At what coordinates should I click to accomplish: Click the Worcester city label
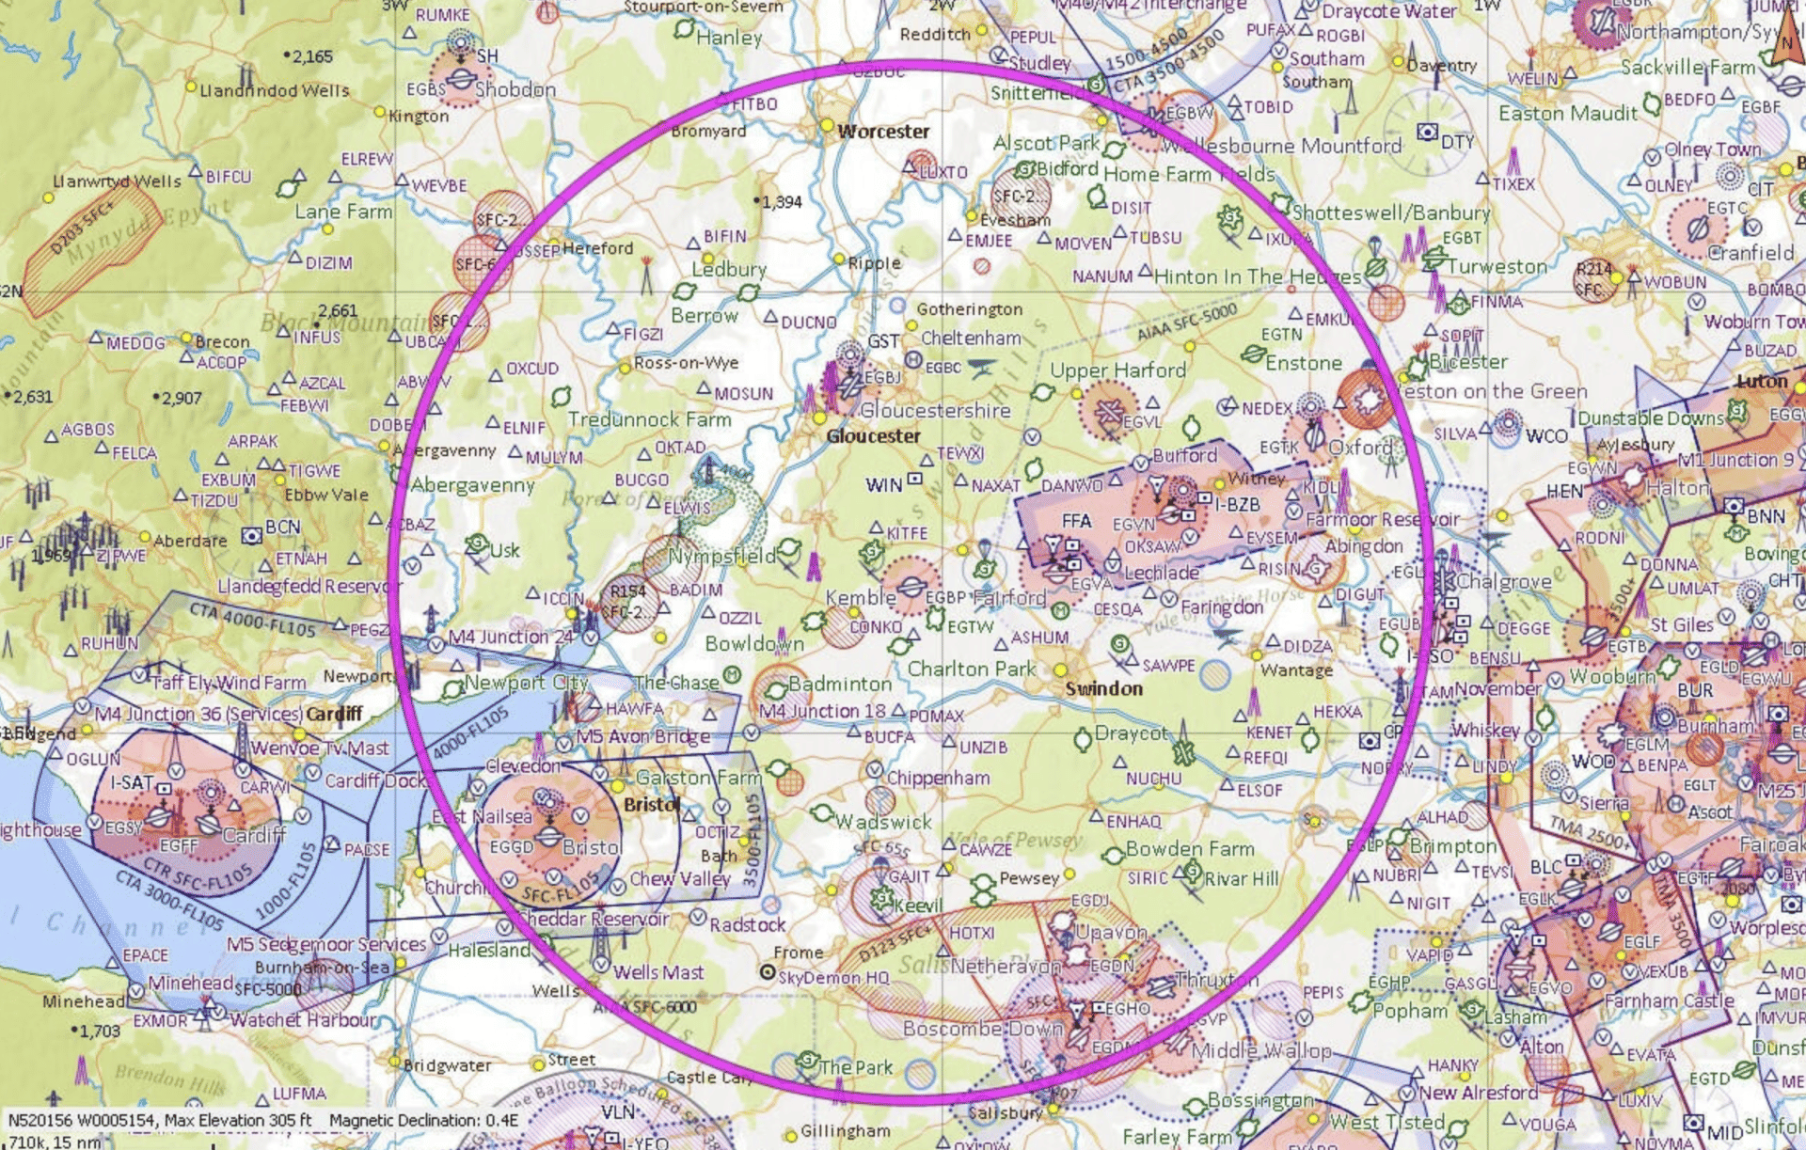coord(883,132)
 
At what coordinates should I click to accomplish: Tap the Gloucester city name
coord(874,436)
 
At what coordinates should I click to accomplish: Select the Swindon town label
coord(1103,688)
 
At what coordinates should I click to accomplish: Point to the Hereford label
coord(597,248)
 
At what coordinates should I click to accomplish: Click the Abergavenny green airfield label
coord(473,485)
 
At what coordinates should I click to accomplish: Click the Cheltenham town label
coord(971,338)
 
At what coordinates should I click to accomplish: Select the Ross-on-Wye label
coord(686,363)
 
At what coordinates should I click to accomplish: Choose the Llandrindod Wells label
coord(274,90)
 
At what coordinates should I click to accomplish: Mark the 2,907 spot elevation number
coord(182,398)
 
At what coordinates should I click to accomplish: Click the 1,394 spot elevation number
coord(782,202)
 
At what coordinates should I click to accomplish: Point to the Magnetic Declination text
coord(423,1120)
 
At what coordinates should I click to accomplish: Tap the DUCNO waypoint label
coord(808,322)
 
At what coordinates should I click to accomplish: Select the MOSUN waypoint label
coord(743,393)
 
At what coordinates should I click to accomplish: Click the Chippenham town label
coord(938,778)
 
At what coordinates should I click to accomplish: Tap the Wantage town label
coord(1296,670)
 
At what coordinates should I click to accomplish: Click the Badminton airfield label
coord(839,684)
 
